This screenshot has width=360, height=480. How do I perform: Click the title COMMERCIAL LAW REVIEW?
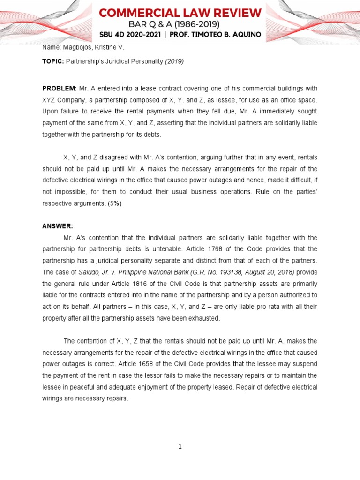(x=180, y=13)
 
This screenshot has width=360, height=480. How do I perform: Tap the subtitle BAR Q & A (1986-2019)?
(x=180, y=24)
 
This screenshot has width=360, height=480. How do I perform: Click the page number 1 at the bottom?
(x=180, y=447)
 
